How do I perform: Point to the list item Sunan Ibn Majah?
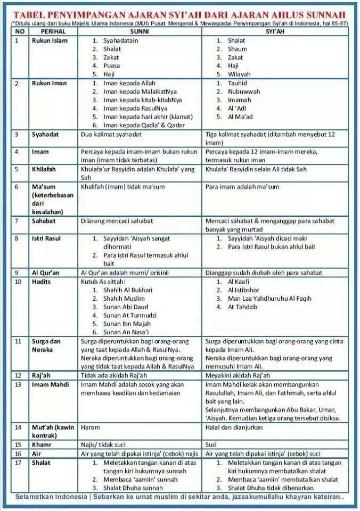click(x=126, y=324)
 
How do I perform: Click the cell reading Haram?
click(x=90, y=427)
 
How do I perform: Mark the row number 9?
click(x=17, y=272)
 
